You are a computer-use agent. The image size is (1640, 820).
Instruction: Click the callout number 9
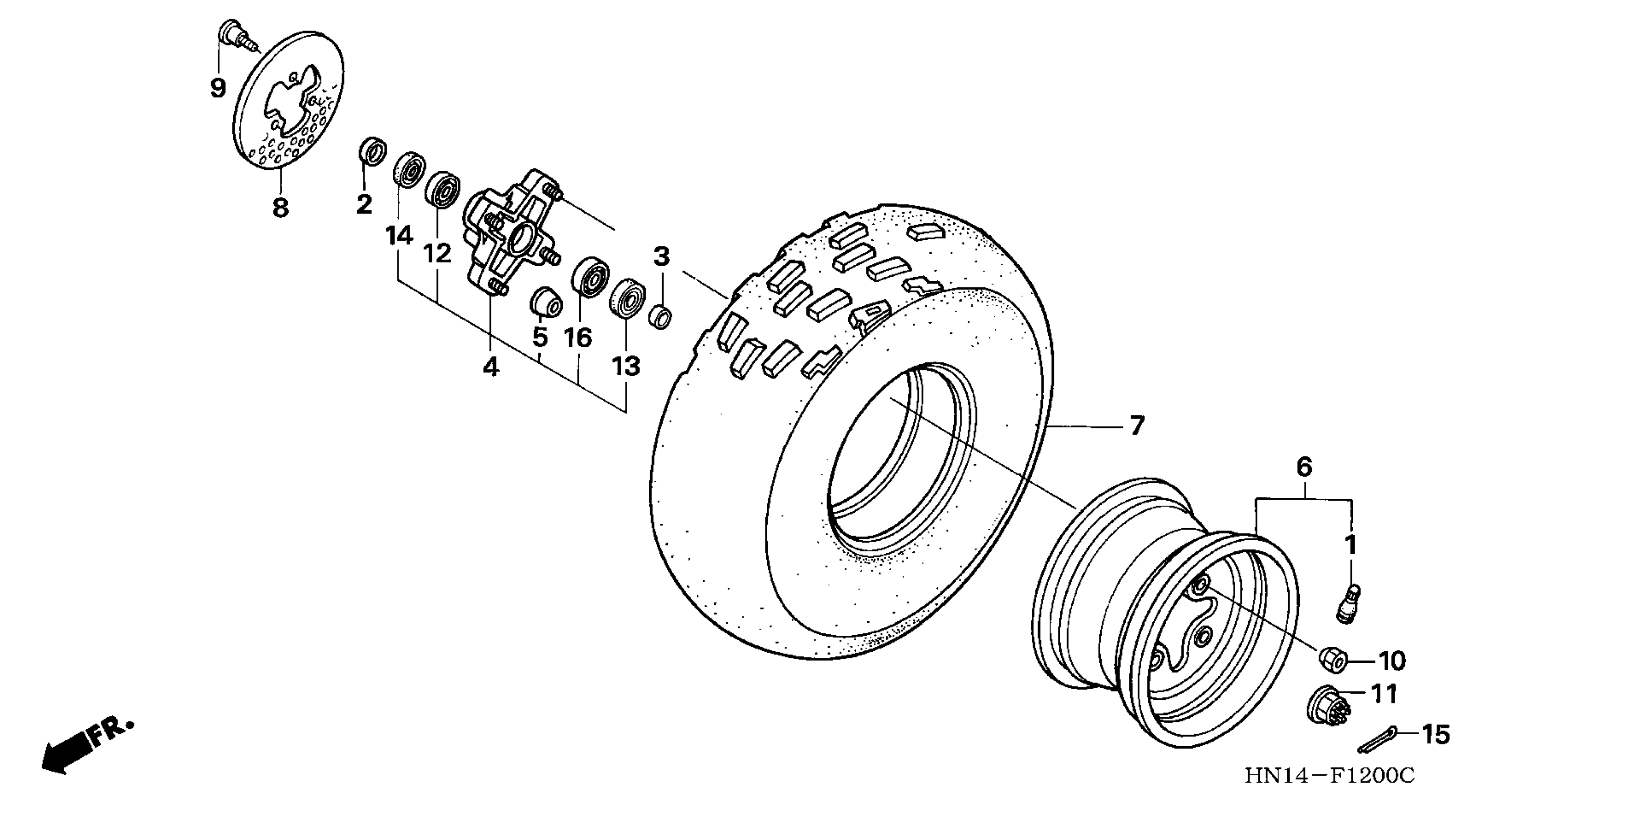(x=218, y=88)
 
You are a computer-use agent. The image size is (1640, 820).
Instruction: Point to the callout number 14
(x=399, y=236)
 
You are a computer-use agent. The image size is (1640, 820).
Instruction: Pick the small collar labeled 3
(x=661, y=315)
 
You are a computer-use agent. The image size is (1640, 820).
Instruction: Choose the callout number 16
(x=577, y=338)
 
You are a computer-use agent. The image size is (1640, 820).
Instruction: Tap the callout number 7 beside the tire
(x=1137, y=425)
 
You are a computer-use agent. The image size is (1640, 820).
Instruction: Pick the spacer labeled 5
(x=546, y=302)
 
